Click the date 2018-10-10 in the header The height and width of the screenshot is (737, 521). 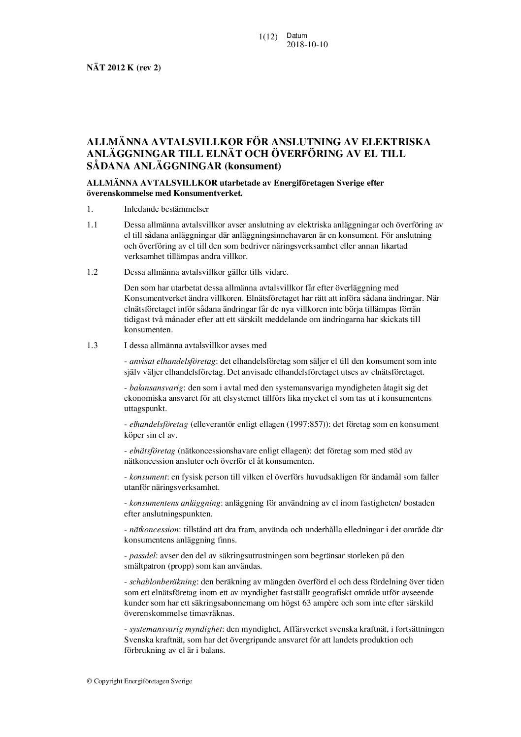307,45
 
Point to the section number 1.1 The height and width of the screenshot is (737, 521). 92,224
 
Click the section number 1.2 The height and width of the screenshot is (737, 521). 92,271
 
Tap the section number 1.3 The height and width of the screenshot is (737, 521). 92,345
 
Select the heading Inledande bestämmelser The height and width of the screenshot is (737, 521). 160,208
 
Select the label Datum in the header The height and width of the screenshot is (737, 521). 296,35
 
